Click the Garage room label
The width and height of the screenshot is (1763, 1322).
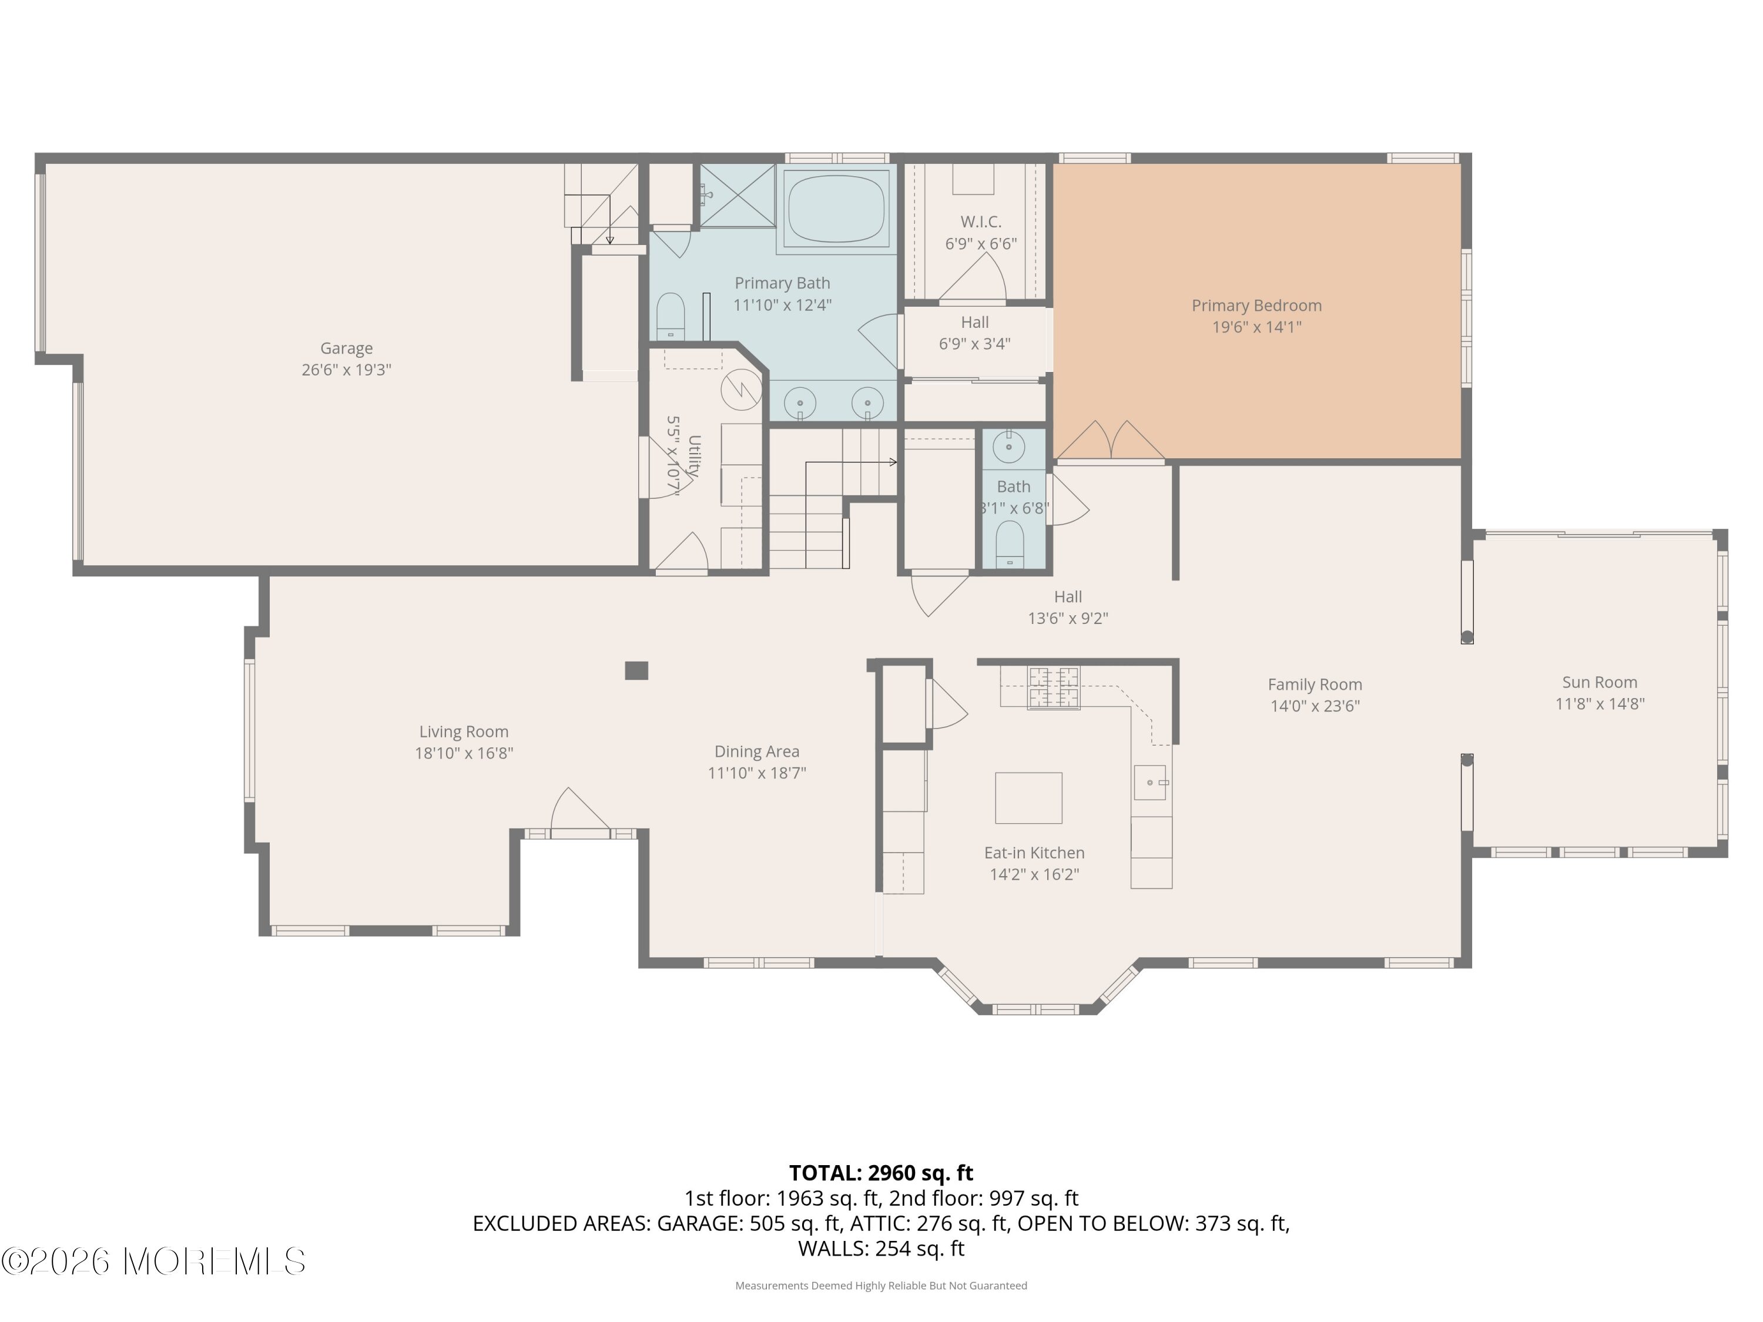(x=346, y=348)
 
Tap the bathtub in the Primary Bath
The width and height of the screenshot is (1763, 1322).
(x=836, y=209)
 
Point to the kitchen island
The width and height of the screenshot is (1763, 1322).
(x=1028, y=798)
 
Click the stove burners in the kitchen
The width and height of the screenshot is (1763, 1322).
(x=1054, y=687)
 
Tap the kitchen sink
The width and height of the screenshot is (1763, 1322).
(x=1150, y=783)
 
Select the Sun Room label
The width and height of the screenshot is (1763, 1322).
(x=1600, y=682)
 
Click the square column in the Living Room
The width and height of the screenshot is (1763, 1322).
(x=636, y=671)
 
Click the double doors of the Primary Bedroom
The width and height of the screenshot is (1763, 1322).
(x=1110, y=441)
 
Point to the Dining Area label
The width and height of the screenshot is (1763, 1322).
(x=756, y=751)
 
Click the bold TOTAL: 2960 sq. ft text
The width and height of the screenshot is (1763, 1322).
(x=881, y=1173)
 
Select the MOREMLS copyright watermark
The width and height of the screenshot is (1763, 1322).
(x=153, y=1261)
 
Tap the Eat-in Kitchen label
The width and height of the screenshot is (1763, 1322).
(x=1034, y=853)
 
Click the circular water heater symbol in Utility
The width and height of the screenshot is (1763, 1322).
(x=741, y=391)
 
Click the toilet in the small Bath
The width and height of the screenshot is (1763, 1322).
(x=1010, y=543)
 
